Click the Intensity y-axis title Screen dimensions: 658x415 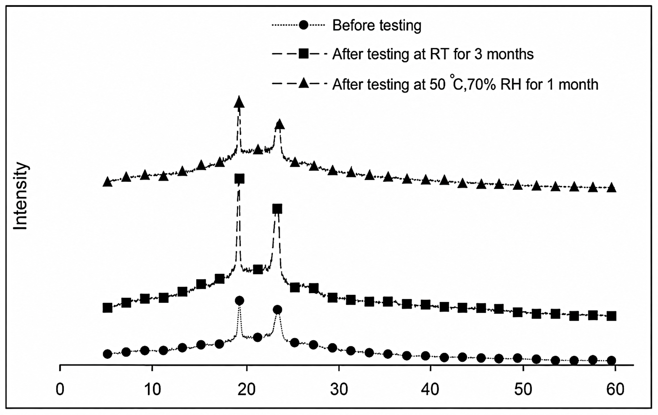[x=20, y=196]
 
